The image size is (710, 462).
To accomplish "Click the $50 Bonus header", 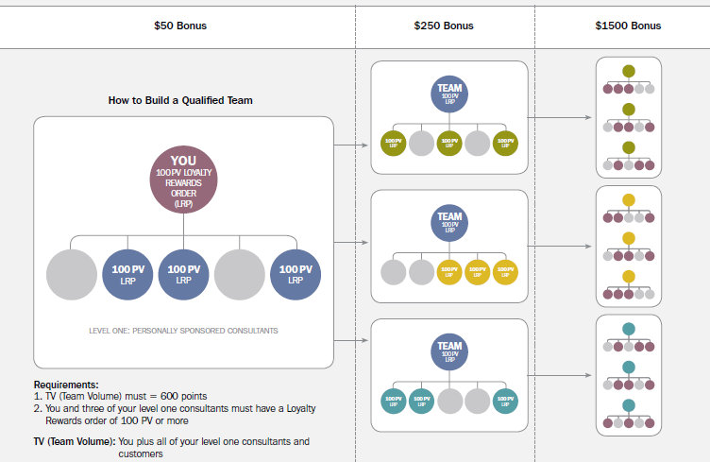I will [179, 26].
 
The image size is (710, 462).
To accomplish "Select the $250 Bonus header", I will [445, 26].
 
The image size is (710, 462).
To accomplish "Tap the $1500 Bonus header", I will [628, 26].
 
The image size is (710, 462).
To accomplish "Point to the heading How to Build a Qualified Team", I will [180, 100].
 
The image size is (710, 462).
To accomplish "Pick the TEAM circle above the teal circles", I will [448, 351].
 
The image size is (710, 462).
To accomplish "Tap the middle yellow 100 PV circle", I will [479, 272].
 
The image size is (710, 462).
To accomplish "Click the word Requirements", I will [65, 385].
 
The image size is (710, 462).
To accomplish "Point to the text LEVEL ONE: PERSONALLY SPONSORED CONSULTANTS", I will [183, 331].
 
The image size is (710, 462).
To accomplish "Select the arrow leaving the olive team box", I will [562, 118].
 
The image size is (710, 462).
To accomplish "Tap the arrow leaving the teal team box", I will [562, 376].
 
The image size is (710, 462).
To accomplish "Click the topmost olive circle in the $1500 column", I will [629, 71].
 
